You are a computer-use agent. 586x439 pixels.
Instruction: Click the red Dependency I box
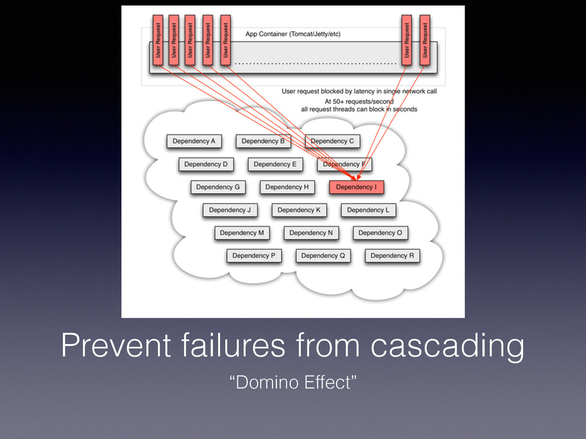356,187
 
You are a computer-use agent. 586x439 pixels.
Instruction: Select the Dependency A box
194,141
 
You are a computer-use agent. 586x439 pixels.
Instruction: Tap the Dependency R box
392,256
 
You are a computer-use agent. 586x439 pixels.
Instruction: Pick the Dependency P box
254,256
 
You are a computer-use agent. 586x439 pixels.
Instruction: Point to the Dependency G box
217,187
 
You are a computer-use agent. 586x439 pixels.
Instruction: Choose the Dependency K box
299,210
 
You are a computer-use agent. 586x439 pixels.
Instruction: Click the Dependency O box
380,233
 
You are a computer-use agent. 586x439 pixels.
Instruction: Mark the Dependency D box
205,164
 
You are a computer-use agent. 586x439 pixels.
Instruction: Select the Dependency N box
311,233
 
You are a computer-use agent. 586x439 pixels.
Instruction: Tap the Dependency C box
332,141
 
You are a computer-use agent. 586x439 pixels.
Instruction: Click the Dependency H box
287,187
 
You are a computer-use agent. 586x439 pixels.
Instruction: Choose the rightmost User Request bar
424,39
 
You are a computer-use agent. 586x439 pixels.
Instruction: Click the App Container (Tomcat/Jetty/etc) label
292,34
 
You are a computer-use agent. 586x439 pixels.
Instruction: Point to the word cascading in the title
447,346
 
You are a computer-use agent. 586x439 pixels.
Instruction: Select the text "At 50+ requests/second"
359,101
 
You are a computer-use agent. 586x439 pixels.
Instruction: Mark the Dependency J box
229,210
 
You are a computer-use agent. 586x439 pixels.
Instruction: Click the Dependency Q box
323,256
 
